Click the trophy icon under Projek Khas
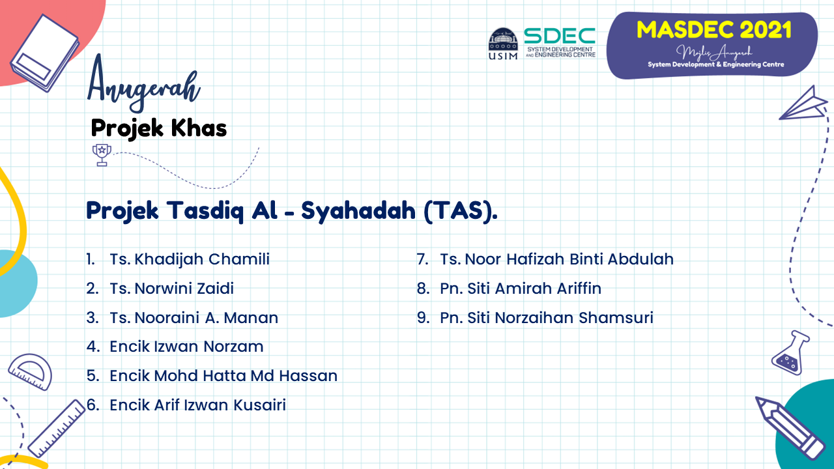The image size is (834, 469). [102, 155]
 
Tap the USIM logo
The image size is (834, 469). [503, 44]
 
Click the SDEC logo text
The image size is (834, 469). [560, 36]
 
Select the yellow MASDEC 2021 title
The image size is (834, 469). [713, 30]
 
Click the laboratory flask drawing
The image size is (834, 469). [790, 352]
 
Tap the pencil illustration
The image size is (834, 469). [790, 428]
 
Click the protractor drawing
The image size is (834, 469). [31, 371]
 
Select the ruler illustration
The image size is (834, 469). [57, 428]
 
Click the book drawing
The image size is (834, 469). [45, 53]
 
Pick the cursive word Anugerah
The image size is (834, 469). [144, 85]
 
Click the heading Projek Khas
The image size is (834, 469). [158, 128]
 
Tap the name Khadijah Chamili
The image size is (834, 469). [202, 259]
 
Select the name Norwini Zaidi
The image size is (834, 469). [184, 289]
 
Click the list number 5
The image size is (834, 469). [93, 376]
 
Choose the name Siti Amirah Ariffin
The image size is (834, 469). [534, 289]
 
